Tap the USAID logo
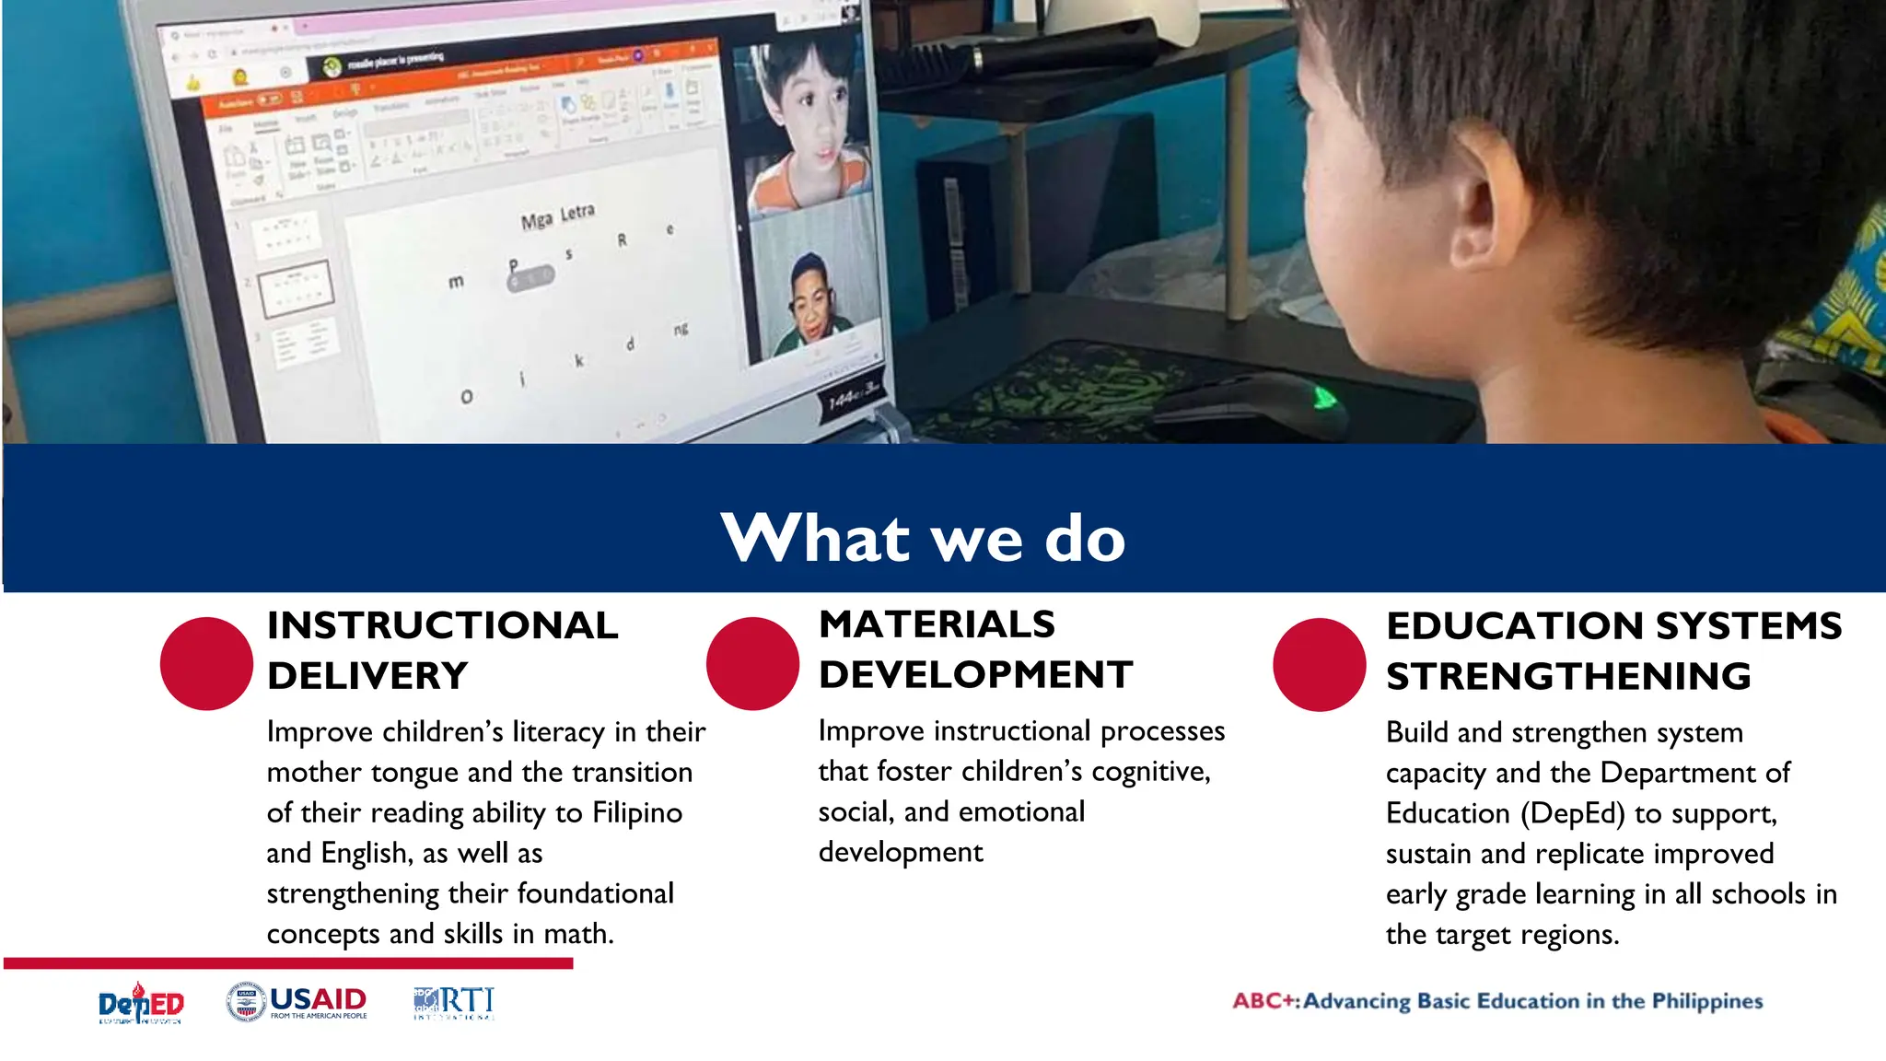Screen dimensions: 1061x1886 [297, 1002]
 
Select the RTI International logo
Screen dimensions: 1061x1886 [454, 1002]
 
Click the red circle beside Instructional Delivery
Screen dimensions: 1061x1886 [206, 663]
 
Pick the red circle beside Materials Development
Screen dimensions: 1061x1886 [752, 663]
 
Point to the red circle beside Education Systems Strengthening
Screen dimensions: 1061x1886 [1319, 664]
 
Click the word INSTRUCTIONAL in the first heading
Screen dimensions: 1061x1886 [442, 625]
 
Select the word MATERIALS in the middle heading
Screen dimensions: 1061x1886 [937, 624]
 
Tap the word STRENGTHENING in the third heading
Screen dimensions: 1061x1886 [1568, 677]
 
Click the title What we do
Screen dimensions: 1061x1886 [923, 538]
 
